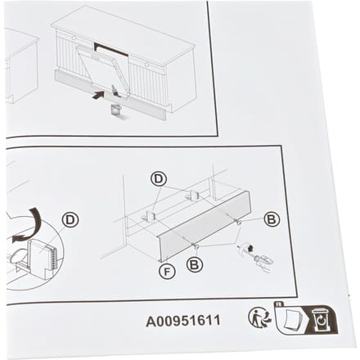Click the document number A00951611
[x=183, y=321]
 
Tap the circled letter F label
[x=167, y=272]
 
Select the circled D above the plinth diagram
[x=159, y=179]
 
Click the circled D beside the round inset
[x=70, y=220]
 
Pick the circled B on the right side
[x=272, y=219]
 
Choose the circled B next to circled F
[x=195, y=264]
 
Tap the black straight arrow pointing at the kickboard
[x=98, y=95]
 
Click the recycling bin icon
[x=322, y=319]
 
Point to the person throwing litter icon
[x=260, y=317]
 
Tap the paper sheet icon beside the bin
[x=290, y=318]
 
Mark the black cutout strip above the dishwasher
[x=111, y=48]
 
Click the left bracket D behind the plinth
[x=149, y=215]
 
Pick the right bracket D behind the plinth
[x=194, y=195]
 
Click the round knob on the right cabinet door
[x=147, y=65]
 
